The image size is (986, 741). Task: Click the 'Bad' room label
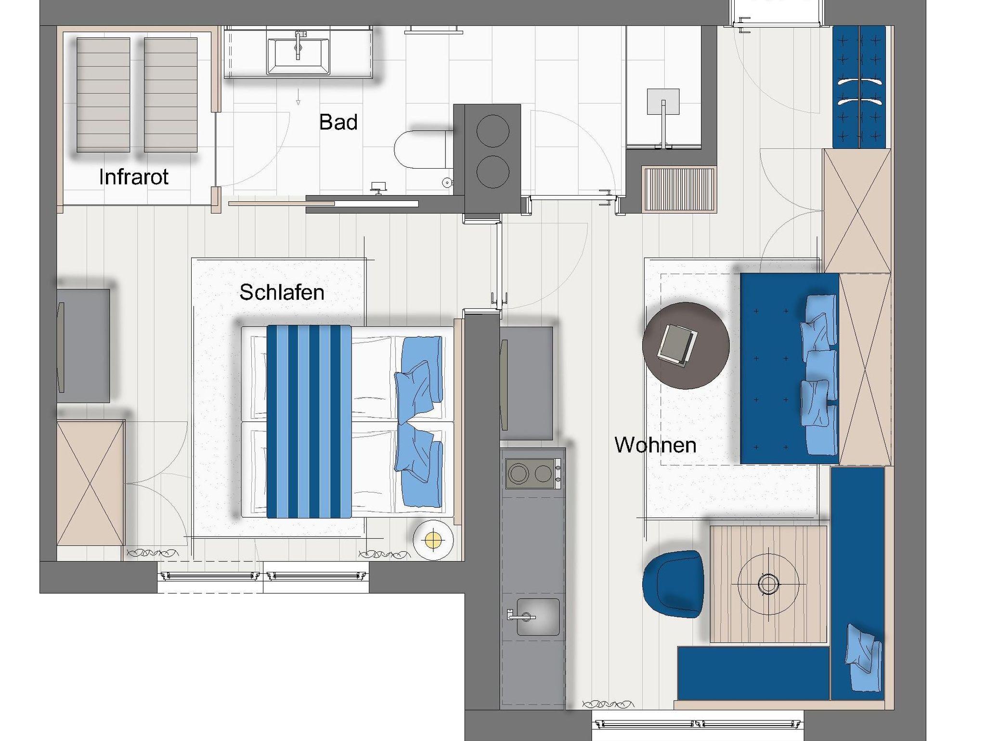(x=338, y=122)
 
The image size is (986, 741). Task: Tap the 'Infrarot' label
(x=134, y=177)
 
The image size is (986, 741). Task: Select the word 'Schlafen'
(x=282, y=292)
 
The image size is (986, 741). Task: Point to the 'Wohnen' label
(x=655, y=445)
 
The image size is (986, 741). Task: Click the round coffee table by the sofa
(x=686, y=345)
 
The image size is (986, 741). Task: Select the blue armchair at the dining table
(x=673, y=584)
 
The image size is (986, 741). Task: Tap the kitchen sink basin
(x=538, y=617)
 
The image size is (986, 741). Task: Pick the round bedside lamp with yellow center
(x=433, y=540)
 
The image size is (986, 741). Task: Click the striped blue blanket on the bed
(x=309, y=422)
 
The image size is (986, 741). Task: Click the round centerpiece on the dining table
(x=768, y=584)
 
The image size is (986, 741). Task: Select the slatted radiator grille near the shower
(x=679, y=189)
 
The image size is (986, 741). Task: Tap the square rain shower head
(x=663, y=102)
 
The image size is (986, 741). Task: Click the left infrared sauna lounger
(x=103, y=95)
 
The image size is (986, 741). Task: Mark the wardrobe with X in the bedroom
(x=91, y=483)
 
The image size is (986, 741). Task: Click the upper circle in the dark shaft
(x=493, y=131)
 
